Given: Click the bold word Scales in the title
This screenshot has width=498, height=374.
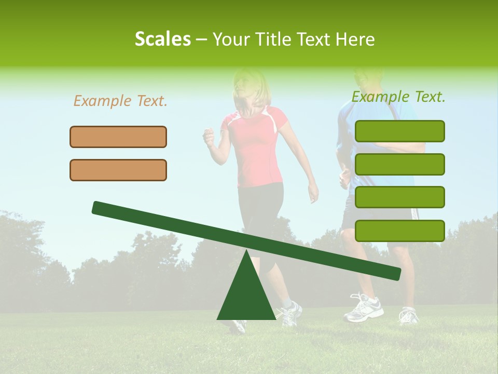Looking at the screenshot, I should click(162, 39).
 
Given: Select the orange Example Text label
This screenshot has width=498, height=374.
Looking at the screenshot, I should click(120, 101).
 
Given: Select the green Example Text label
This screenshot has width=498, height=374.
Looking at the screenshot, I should click(398, 97).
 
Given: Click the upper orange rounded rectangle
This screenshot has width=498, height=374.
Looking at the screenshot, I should click(118, 137).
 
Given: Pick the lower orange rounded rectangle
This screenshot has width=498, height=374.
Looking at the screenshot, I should click(118, 170).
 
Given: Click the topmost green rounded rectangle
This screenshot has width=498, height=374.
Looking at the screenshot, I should click(399, 131).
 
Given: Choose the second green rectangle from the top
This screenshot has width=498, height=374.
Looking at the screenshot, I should click(399, 164).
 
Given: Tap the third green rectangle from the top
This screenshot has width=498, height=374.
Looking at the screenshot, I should click(399, 197).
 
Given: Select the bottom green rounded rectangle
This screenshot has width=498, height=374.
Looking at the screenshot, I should click(399, 231).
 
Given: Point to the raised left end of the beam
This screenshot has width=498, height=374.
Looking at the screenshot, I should click(99, 207).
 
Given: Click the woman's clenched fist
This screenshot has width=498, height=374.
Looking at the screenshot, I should click(209, 138).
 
